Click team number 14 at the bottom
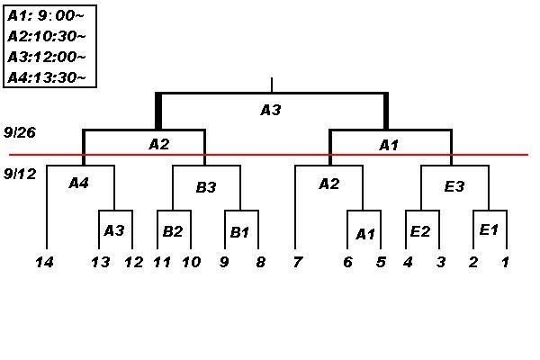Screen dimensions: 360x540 point(45,262)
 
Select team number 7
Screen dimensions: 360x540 point(296,262)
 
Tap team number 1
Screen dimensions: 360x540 point(506,262)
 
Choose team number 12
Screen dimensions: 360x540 point(133,262)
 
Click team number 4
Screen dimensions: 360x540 point(407,262)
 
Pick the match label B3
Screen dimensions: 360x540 point(206,187)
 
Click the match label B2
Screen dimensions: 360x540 point(173,231)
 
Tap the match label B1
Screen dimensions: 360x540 point(239,232)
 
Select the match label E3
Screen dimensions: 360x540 point(454,187)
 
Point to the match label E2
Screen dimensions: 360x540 point(419,231)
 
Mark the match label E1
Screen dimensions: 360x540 point(489,229)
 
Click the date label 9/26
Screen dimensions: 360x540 point(19,131)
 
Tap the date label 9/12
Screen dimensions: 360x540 point(19,173)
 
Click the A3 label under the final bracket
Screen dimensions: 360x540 point(271,110)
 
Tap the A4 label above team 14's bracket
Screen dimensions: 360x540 point(79,183)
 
